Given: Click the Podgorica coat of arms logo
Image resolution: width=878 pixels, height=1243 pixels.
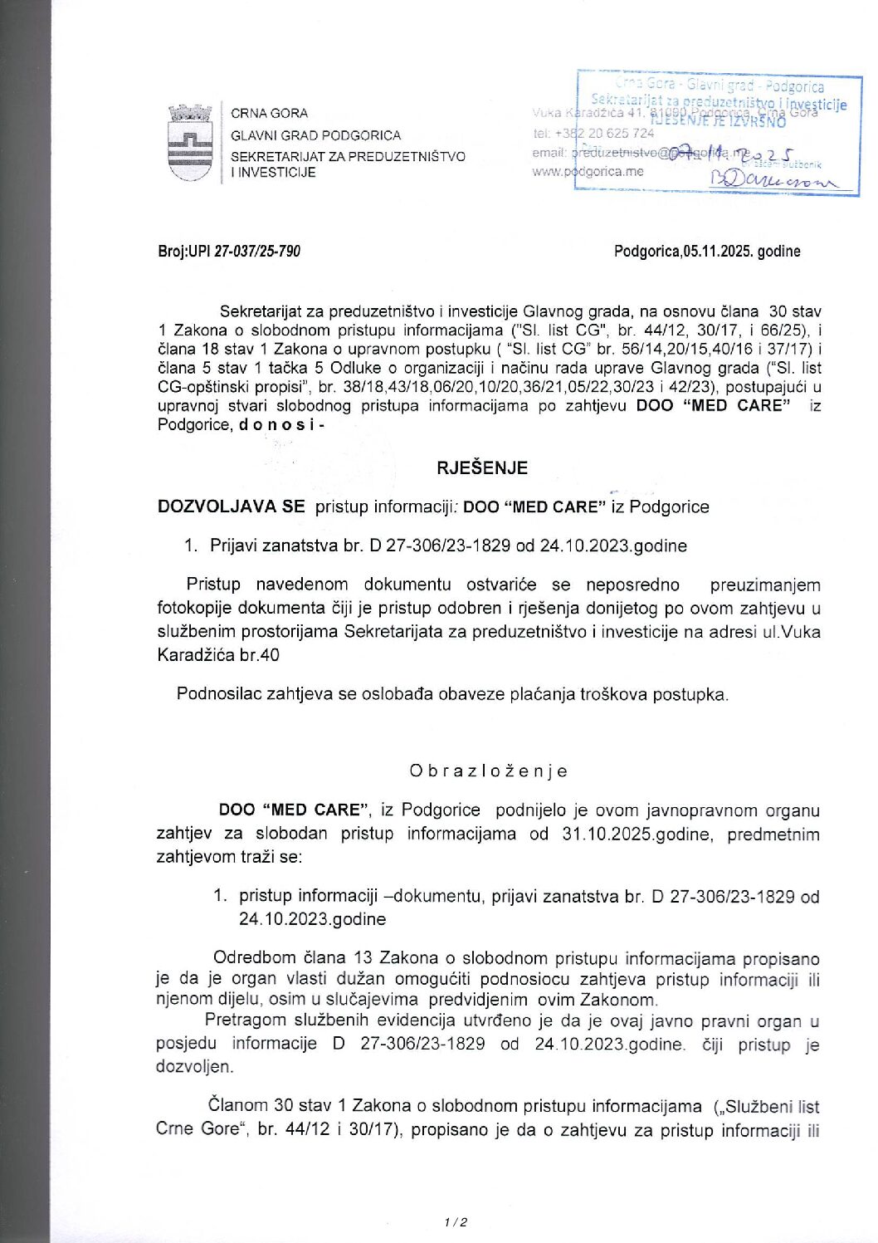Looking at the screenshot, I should click(x=190, y=142).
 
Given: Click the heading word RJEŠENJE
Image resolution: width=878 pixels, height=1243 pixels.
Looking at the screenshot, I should click(x=482, y=467).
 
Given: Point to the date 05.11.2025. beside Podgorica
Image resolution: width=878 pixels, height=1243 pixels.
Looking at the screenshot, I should click(x=718, y=251).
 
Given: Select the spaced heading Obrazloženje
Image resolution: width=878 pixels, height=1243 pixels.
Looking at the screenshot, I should click(x=488, y=771).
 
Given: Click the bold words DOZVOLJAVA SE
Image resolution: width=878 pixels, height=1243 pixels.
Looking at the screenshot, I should click(x=231, y=506).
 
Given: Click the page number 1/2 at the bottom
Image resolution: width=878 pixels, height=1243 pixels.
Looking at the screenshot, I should click(x=456, y=1221).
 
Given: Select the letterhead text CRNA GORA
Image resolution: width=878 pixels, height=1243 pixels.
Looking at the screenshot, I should click(x=269, y=113).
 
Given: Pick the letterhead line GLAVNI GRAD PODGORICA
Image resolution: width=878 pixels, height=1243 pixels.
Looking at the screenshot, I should click(x=315, y=135).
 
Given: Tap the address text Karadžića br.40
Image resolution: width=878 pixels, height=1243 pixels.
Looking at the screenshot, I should click(x=218, y=654).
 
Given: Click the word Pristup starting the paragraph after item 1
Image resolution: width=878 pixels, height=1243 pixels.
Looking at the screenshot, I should click(x=213, y=585).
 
